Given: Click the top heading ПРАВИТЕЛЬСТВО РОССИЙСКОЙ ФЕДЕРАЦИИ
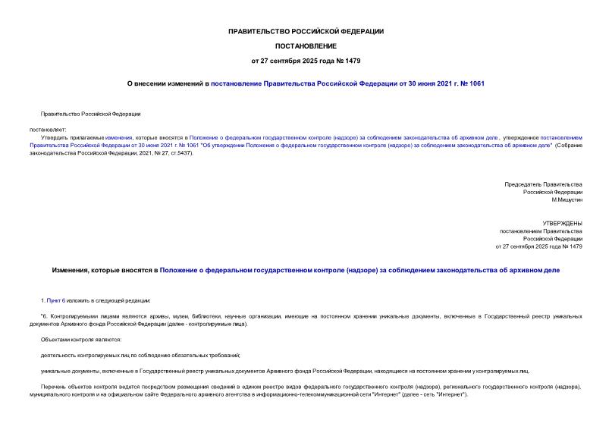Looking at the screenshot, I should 306,31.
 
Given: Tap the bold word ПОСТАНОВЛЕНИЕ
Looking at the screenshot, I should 306,45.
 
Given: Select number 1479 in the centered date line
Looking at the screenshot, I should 341,60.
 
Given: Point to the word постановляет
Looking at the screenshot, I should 49,129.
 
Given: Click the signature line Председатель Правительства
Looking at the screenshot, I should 543,184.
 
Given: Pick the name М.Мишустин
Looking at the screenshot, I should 566,199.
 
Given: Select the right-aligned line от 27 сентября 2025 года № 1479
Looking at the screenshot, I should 538,246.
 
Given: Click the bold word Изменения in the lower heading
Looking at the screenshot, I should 74,269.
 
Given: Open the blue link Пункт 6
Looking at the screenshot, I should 56,301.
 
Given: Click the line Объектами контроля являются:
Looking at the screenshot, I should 80,339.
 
